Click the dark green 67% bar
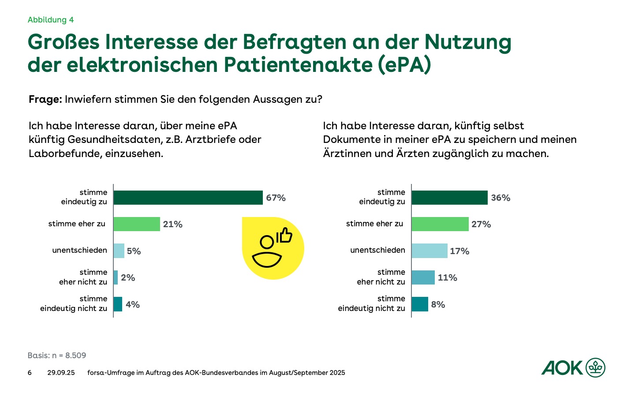[188, 198]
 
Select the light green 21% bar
[137, 224]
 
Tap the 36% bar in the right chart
[449, 198]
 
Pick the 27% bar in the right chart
[440, 224]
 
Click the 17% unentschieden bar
[430, 251]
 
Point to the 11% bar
[423, 277]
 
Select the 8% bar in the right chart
[420, 304]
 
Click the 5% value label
[134, 251]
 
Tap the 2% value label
[128, 278]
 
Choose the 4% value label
[133, 305]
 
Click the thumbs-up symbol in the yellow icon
[284, 236]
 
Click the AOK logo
[573, 367]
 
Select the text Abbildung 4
[51, 20]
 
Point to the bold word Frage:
[45, 99]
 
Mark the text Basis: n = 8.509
[57, 356]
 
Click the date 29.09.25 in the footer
[61, 373]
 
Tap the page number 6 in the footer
[30, 373]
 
